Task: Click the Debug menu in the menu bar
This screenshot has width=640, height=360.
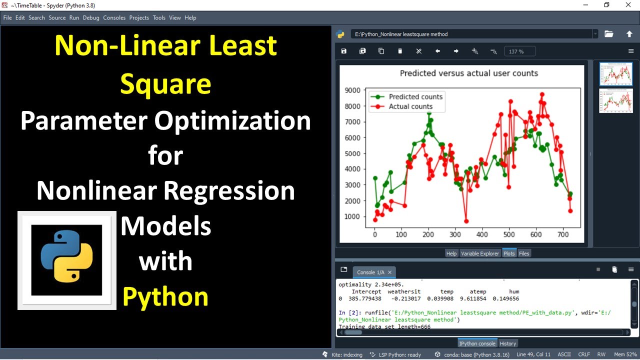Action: coord(91,17)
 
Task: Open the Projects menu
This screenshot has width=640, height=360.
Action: coord(139,17)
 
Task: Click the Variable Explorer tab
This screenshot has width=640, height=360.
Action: coord(479,253)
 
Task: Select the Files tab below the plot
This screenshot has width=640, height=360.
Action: coord(524,253)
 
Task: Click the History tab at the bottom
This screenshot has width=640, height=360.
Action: coord(508,343)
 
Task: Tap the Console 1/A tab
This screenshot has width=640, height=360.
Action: coord(370,272)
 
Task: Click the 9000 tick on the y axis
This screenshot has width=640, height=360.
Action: coord(352,90)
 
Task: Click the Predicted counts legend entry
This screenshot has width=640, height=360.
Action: coord(415,97)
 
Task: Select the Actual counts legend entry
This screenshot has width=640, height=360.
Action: coord(410,106)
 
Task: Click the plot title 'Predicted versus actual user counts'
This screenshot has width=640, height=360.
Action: coord(468,73)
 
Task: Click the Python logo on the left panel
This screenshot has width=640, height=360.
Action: coord(67,259)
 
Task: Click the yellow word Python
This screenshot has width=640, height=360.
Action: coord(165,296)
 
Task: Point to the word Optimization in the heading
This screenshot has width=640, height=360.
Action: coord(232,121)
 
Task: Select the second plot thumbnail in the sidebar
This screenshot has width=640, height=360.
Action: coord(615,101)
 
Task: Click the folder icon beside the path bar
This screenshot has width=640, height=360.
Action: coord(608,34)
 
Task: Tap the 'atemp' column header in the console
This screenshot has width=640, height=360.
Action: coord(477,291)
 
